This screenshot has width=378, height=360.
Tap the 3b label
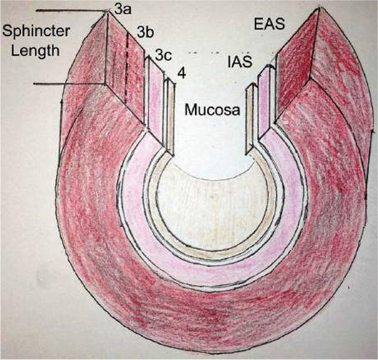(x=145, y=33)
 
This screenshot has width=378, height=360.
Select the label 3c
(x=164, y=57)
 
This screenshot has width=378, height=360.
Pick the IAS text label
(x=241, y=61)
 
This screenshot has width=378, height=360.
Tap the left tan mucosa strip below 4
(x=171, y=117)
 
